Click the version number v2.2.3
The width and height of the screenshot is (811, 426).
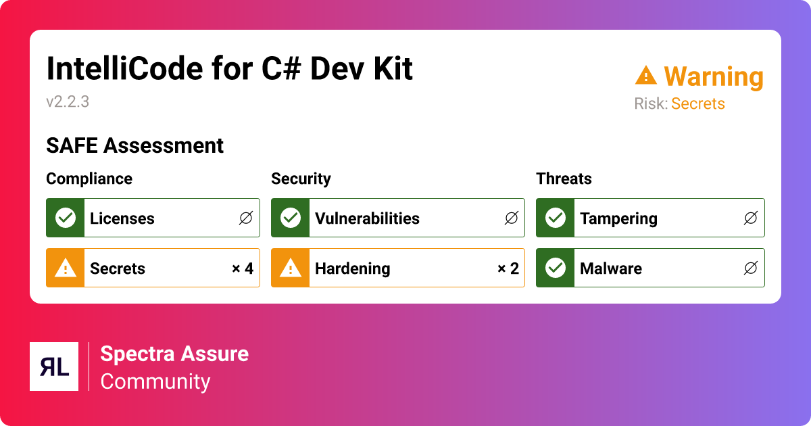click(x=68, y=102)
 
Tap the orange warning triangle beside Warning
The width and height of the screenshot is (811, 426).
click(x=646, y=76)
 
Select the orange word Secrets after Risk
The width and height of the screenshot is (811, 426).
click(x=697, y=103)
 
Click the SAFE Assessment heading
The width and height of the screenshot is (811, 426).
click(x=134, y=145)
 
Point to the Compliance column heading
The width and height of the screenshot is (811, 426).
click(x=89, y=179)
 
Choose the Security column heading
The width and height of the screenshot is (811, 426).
click(x=301, y=179)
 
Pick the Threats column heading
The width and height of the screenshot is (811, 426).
click(x=564, y=179)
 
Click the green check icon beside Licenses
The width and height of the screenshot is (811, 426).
click(x=65, y=218)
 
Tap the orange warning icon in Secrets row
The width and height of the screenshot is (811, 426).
click(x=65, y=268)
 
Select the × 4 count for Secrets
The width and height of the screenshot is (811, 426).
click(x=242, y=268)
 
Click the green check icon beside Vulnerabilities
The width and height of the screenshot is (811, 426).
click(x=290, y=218)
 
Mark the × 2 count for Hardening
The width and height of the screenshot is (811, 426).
click(x=508, y=268)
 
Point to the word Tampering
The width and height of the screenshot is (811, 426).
click(x=618, y=218)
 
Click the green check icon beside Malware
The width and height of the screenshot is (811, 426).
click(x=555, y=268)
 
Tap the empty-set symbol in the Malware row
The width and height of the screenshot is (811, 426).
click(x=750, y=268)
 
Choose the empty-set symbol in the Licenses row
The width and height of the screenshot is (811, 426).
click(x=245, y=218)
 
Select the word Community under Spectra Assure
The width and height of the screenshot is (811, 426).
click(x=155, y=381)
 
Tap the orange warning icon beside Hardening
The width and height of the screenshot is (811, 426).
click(x=290, y=268)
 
